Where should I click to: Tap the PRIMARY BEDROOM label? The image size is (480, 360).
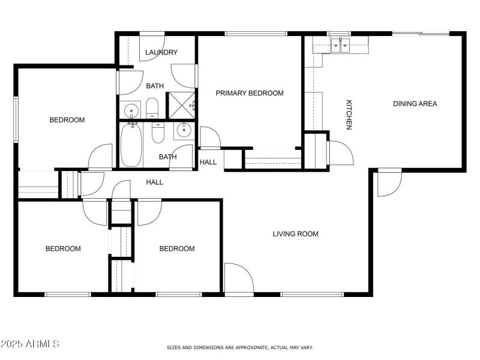click(250, 93)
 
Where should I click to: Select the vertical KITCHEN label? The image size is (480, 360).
click(348, 114)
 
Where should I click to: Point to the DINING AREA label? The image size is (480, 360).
click(415, 104)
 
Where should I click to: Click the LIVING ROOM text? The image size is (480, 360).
click(295, 234)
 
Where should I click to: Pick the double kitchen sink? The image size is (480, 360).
click(341, 46)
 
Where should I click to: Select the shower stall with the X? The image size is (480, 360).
click(180, 106)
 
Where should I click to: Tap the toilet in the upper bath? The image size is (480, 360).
click(152, 109)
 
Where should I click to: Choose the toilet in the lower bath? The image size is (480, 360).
click(158, 132)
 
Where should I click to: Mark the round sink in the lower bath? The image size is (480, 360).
click(184, 130)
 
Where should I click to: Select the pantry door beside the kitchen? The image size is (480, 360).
click(338, 152)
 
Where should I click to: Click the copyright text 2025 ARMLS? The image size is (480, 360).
click(30, 344)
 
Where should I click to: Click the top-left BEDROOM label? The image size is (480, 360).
click(67, 120)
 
